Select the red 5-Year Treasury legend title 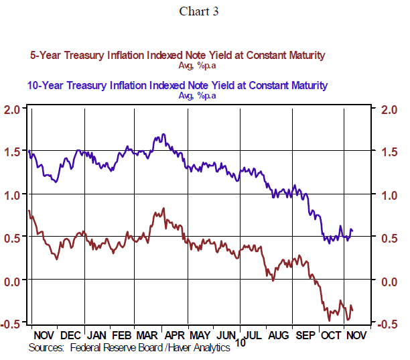pyautogui.click(x=178, y=54)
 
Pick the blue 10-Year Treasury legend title pyautogui.click(x=178, y=85)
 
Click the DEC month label pyautogui.click(x=71, y=335)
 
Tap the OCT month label pyautogui.click(x=331, y=335)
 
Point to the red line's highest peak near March pyautogui.click(x=163, y=208)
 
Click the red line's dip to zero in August pyautogui.click(x=273, y=280)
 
